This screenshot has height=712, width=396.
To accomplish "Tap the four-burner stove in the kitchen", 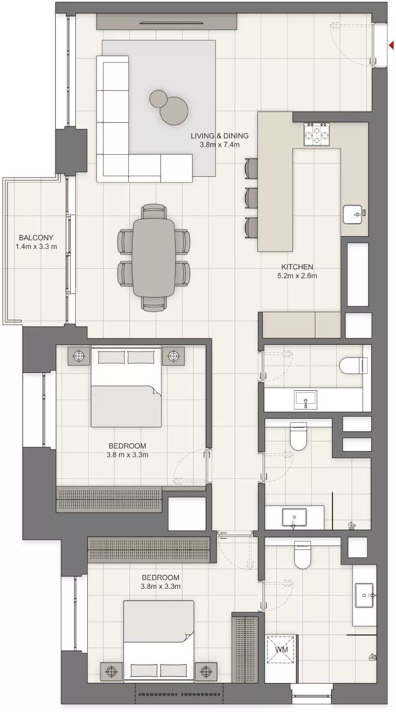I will tap(317, 135).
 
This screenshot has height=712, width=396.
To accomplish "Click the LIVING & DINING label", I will tap(220, 136).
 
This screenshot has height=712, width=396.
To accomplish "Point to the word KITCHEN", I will tap(297, 267).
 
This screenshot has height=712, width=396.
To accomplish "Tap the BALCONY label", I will tap(36, 238).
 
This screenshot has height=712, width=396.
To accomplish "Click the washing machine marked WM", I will tap(281, 650).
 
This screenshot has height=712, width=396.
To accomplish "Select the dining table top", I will tap(154, 257).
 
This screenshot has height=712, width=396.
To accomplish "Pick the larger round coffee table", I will tap(173, 110).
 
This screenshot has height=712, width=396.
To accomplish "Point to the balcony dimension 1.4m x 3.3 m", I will tap(36, 246).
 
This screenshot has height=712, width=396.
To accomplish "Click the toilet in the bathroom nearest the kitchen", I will tap(352, 366).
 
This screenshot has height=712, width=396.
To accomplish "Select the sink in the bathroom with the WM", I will tap(367, 595).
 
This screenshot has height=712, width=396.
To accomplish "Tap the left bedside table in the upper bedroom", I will tap(78, 355).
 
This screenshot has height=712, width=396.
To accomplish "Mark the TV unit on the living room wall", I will tap(167, 22).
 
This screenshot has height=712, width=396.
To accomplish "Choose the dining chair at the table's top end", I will tap(154, 211).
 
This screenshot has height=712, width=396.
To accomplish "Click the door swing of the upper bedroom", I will tap(191, 467).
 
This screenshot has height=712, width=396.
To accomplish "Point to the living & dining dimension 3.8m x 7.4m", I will tap(220, 145).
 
